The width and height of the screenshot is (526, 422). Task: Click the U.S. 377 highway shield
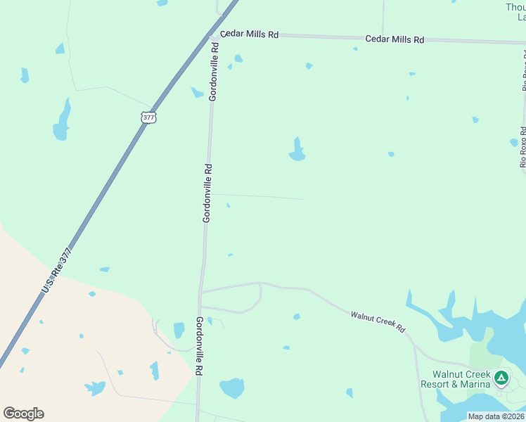coord(148,117)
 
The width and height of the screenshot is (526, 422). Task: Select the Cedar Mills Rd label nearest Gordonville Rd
coord(249,34)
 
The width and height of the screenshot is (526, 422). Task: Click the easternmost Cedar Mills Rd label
coord(394,39)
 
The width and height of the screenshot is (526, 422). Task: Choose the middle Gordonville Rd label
coord(207,193)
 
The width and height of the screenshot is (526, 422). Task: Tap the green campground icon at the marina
coord(501,378)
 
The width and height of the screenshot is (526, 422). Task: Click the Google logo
coord(23,414)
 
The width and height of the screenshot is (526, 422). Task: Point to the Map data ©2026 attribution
coord(496,416)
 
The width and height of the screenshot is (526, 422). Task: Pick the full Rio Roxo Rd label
coord(523,146)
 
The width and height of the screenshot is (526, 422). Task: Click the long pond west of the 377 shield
coord(63,121)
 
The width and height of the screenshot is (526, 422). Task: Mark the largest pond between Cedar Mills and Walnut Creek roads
coord(297,151)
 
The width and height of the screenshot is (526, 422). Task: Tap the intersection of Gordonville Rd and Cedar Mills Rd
coord(213,34)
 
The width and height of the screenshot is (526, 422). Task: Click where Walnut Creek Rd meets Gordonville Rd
coord(202,291)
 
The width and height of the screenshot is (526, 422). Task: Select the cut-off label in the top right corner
coord(515,12)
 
